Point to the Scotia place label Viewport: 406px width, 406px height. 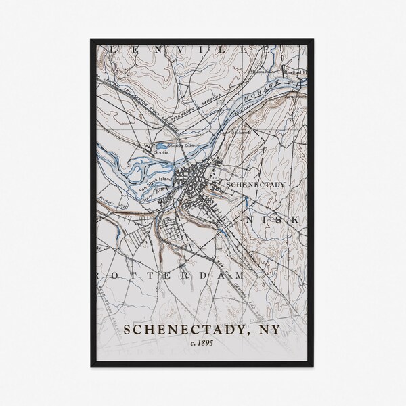point(161,153)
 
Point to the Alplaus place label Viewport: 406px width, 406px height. point(257,70)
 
